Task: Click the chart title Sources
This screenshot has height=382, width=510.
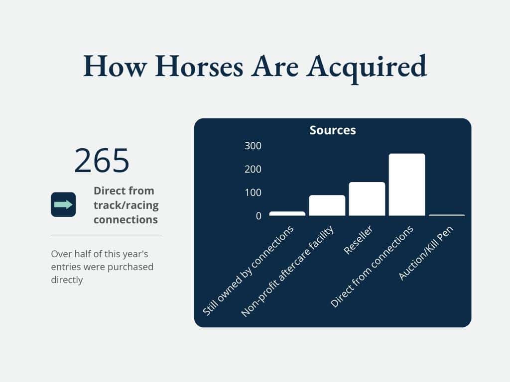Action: [332, 130]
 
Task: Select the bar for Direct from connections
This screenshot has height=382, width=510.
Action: [406, 185]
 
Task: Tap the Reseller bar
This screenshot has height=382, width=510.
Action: [367, 199]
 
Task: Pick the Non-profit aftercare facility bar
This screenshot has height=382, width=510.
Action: [327, 205]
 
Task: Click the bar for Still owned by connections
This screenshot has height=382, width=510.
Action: [287, 214]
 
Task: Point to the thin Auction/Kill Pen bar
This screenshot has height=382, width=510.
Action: [447, 215]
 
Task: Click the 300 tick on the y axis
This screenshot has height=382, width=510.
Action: [253, 146]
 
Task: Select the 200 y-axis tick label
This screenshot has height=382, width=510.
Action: [253, 169]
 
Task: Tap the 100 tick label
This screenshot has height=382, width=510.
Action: [253, 192]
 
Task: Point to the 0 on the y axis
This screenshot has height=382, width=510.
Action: [258, 216]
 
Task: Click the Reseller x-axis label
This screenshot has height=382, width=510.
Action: [358, 240]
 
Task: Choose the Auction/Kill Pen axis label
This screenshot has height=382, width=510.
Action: [425, 253]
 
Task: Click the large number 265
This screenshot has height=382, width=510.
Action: [102, 160]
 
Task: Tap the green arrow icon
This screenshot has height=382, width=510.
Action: [63, 204]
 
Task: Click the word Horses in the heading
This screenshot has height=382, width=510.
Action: [199, 66]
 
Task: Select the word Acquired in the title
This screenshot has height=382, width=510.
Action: [366, 68]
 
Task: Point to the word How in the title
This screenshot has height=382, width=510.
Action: [115, 66]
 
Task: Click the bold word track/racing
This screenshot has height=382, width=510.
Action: [126, 205]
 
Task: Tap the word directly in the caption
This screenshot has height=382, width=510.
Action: [67, 280]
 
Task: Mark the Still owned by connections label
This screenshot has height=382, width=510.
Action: [248, 271]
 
